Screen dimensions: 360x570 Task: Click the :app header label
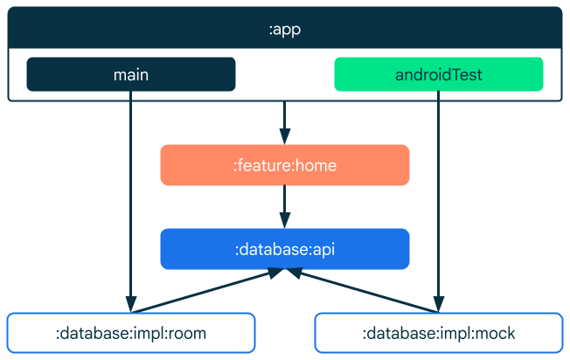284,28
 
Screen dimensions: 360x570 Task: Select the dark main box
131,74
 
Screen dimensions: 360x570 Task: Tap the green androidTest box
438,74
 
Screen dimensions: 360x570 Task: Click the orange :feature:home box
284,165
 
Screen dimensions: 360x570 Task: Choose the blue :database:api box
284,249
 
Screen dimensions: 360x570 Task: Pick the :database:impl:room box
131,333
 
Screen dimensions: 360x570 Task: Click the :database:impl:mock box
438,333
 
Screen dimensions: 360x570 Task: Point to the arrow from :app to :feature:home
284,118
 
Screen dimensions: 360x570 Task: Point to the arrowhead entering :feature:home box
284,137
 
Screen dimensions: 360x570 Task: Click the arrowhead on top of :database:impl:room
131,306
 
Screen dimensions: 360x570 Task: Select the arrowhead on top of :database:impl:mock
438,306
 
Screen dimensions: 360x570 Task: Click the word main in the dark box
131,74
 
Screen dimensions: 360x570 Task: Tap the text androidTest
438,74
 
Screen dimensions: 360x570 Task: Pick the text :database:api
284,249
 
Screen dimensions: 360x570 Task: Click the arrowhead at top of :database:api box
284,221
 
